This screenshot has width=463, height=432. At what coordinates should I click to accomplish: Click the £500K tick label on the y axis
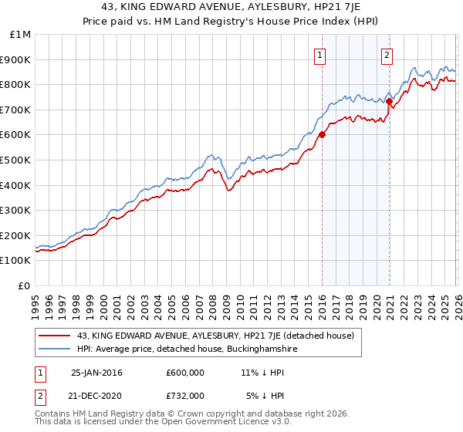click(15, 160)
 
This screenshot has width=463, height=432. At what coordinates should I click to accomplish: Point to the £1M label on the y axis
click(21, 35)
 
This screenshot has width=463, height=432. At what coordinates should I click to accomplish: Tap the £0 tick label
click(25, 285)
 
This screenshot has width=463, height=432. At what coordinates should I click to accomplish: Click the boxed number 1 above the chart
click(319, 54)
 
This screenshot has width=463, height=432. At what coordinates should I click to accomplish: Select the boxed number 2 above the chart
click(386, 54)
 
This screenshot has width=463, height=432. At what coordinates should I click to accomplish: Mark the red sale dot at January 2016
click(322, 135)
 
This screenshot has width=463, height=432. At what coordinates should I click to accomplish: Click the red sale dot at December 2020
click(389, 101)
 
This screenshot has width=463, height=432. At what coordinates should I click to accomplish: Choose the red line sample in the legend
click(56, 336)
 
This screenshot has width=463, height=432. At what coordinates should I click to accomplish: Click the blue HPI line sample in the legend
click(56, 349)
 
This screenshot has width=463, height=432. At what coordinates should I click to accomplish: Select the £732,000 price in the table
click(184, 395)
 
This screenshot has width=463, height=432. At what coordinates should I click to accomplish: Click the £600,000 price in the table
click(184, 372)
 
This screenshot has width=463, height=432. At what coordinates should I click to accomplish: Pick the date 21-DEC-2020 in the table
click(96, 395)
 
